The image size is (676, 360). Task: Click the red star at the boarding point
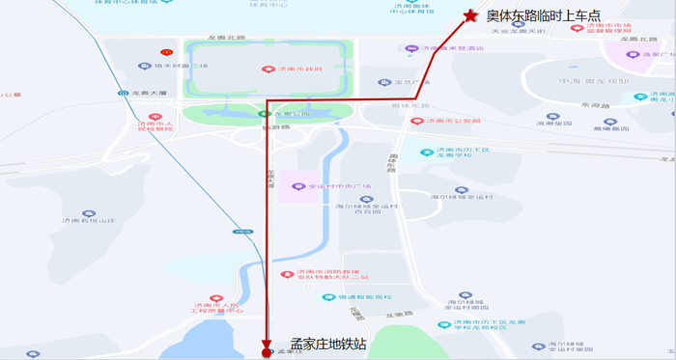(470, 15)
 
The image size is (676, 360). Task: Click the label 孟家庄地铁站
(328, 345)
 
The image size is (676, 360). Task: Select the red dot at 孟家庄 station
(267, 353)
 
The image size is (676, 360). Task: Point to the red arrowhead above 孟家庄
(267, 340)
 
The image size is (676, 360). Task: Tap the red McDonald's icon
(166, 52)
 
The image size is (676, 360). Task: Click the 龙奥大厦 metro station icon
(124, 94)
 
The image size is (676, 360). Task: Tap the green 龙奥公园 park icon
(263, 114)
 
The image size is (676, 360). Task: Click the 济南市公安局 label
(446, 122)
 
